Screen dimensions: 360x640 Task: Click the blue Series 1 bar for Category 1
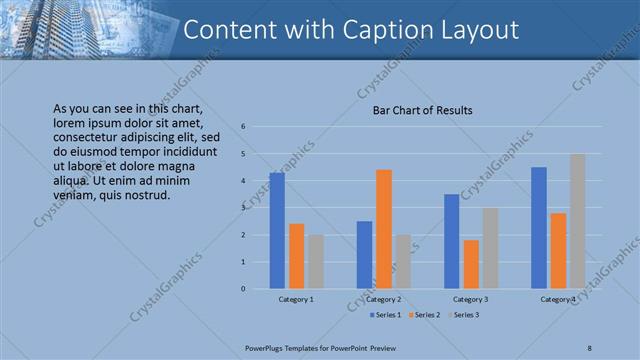(x=277, y=231)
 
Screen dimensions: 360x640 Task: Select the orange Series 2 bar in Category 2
(x=383, y=229)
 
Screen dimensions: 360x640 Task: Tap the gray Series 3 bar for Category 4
(x=577, y=221)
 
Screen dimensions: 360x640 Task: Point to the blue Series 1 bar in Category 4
(x=539, y=228)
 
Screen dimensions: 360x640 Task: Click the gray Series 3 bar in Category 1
(x=316, y=262)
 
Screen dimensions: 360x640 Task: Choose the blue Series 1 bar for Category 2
(x=364, y=255)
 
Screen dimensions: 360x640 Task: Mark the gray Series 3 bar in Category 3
(x=490, y=248)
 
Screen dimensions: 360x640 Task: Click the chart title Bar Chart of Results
(x=423, y=110)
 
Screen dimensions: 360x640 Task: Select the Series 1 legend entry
(x=386, y=315)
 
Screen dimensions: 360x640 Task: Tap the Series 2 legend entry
(x=426, y=315)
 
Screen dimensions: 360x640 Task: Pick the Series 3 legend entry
(x=465, y=315)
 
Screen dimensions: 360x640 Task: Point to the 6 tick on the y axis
(x=243, y=127)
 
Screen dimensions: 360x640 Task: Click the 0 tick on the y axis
(x=243, y=289)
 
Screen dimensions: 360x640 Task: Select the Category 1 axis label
(x=296, y=299)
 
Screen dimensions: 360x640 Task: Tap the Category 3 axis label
(x=471, y=299)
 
